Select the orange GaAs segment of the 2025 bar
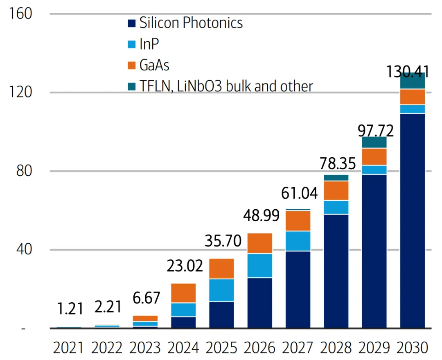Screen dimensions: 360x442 tap(221, 269)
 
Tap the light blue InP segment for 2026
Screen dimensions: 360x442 tap(259, 265)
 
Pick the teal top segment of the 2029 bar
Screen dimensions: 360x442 tap(374, 142)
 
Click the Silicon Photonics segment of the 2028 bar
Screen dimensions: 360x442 tap(336, 271)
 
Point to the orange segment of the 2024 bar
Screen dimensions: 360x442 tap(183, 293)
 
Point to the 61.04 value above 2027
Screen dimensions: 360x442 tap(299, 193)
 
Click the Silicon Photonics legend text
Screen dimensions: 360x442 tap(191, 23)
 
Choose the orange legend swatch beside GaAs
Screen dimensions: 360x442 tap(131, 65)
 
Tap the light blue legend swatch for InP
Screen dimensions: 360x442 tap(131, 44)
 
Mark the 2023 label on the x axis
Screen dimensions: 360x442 tap(145, 348)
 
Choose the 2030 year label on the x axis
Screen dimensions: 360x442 tap(412, 348)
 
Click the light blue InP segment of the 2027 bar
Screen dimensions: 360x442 tap(298, 241)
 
